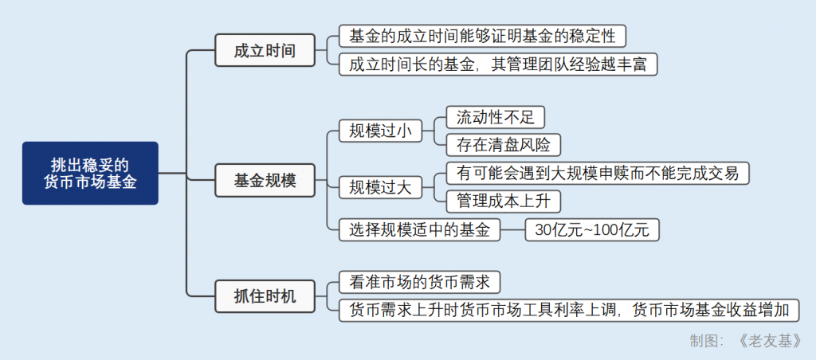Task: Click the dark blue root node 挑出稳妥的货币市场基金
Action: pos(90,173)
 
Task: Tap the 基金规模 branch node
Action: pos(265,181)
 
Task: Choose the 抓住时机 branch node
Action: pos(265,297)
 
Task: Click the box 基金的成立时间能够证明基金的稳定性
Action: pos(482,36)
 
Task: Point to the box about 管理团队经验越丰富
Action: pos(498,65)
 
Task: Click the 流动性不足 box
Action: pos(495,117)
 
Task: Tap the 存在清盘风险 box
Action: pos(503,144)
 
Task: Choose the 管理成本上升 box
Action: pos(503,200)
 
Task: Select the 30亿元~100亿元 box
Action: pos(592,230)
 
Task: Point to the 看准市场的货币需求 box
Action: pos(419,282)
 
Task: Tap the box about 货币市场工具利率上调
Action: pos(569,311)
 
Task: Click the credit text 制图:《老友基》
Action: pos(745,341)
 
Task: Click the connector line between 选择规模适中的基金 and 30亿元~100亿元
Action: pos(513,230)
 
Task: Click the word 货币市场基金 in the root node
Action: pos(90,182)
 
